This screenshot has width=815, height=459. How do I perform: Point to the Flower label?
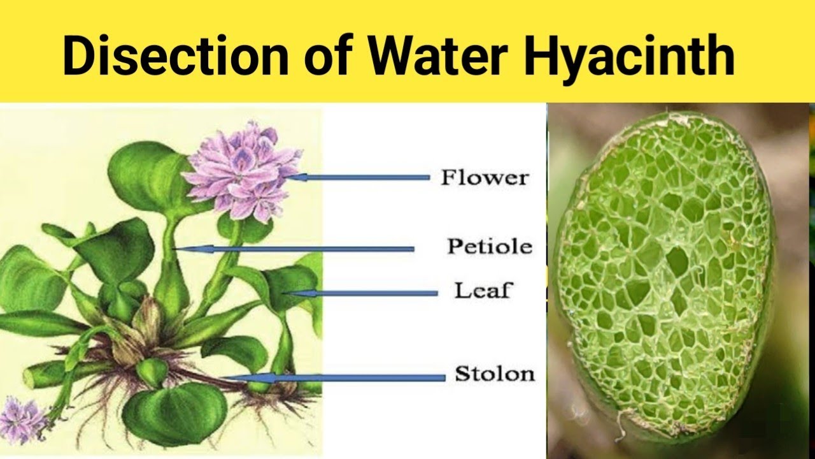pyautogui.click(x=485, y=178)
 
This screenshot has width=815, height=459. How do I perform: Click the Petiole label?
pyautogui.click(x=489, y=246)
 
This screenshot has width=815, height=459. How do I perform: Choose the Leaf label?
pyautogui.click(x=483, y=292)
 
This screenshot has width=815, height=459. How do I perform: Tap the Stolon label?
pyautogui.click(x=494, y=374)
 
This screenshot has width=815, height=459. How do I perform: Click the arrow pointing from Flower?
pyautogui.click(x=363, y=178)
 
